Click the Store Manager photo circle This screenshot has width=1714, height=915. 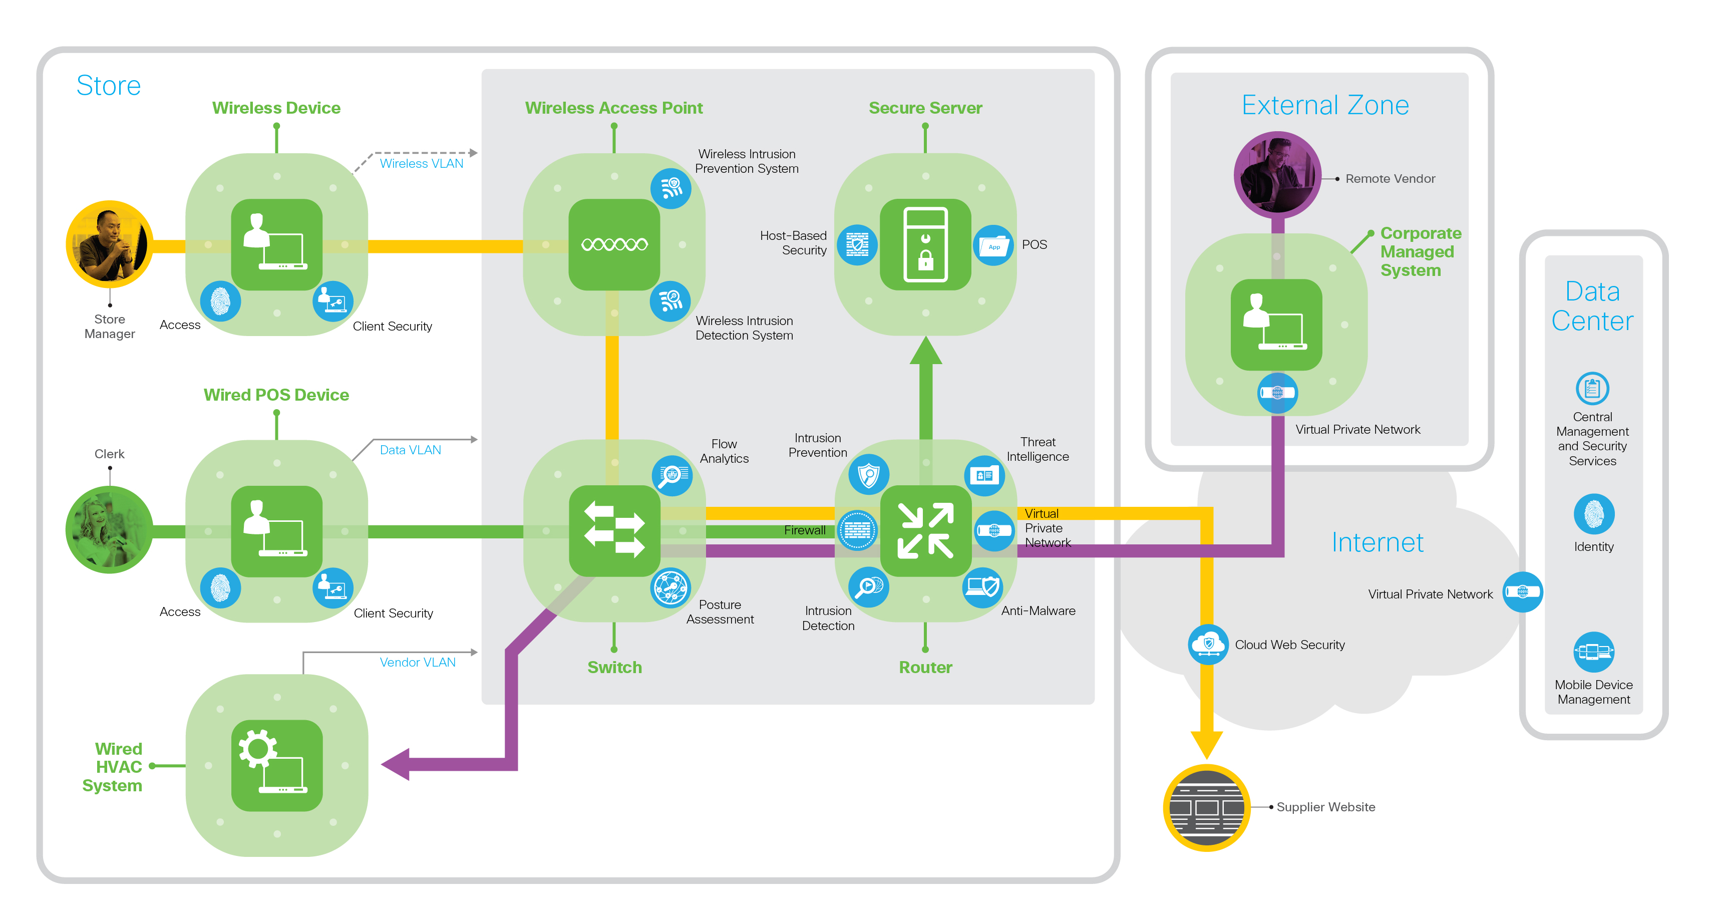110,244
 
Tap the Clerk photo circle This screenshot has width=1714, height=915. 110,530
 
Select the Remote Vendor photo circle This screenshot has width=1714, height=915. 1277,174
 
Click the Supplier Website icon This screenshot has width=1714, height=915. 1206,807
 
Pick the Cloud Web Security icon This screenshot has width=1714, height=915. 1208,644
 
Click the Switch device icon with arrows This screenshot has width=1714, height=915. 614,530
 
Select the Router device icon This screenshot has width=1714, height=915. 925,530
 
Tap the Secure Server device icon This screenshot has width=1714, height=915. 925,244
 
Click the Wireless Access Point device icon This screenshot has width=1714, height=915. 614,244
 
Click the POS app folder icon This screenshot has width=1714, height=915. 993,245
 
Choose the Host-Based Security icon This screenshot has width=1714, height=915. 857,245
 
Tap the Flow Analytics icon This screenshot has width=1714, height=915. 672,475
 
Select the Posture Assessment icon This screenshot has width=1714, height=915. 670,587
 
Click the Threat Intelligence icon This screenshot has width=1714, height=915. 984,475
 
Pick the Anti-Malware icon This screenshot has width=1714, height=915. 982,587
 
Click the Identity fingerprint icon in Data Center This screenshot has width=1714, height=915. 1593,514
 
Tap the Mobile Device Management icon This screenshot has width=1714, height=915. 1593,652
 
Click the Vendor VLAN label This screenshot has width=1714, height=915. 417,662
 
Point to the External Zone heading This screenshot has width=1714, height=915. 1325,105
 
